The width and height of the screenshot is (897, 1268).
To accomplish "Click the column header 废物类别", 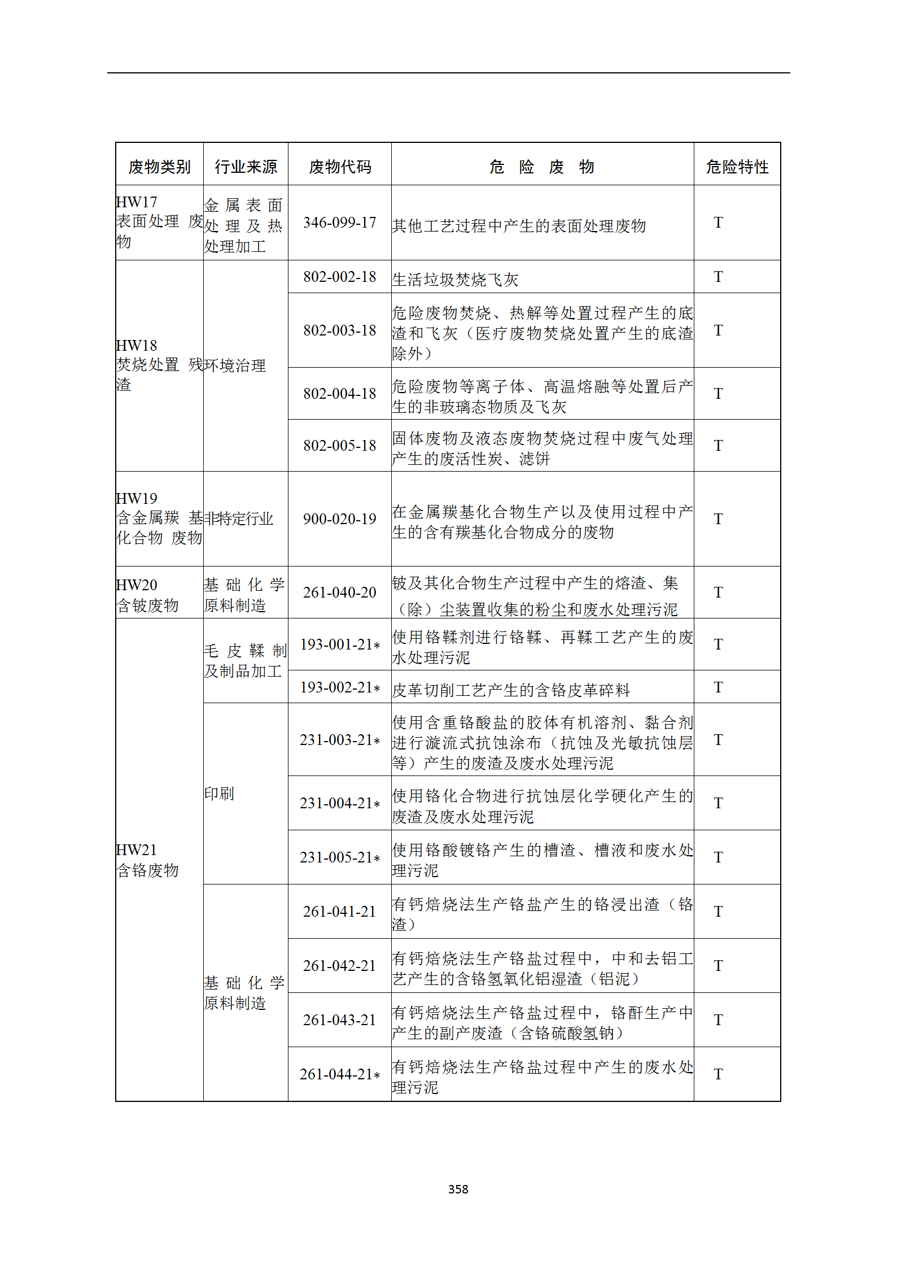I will (x=159, y=167).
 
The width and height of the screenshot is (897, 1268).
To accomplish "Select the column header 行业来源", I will (x=246, y=167).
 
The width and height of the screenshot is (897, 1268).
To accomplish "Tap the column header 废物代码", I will (x=340, y=167).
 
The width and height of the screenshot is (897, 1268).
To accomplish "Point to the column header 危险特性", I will (x=737, y=167).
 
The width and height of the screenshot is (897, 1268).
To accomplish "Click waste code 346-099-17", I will (x=340, y=223).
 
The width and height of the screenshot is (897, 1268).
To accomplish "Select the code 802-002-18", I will (x=340, y=277).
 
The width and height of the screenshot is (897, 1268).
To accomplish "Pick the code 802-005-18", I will (x=340, y=446).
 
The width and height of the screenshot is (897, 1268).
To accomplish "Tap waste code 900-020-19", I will (x=340, y=519).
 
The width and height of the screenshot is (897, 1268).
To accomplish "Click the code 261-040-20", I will (x=340, y=592).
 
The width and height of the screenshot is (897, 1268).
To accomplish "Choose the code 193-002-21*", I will (x=340, y=687).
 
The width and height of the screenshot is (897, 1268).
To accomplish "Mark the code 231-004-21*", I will (x=340, y=803).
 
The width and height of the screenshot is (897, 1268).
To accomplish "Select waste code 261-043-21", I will (x=340, y=1020).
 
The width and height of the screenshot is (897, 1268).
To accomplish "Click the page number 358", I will (x=458, y=1189).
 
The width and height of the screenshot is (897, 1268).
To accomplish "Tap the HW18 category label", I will (x=137, y=346).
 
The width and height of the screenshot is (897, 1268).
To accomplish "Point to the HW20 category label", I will (x=137, y=585).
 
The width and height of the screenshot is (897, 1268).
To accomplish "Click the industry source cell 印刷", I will (x=219, y=794).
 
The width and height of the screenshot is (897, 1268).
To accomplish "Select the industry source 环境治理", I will (x=235, y=365).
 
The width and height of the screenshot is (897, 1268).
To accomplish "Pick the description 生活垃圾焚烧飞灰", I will (x=455, y=280).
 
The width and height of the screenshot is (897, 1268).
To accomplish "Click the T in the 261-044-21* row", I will (x=718, y=1074).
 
